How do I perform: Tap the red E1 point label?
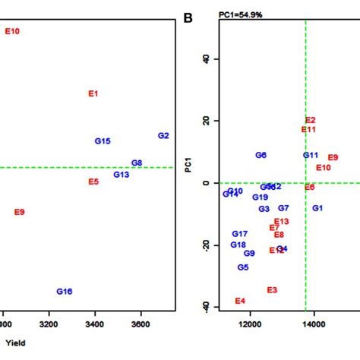pos(93,94)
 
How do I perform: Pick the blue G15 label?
pos(103,141)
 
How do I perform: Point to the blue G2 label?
pos(163,136)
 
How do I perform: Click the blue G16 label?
pos(65,292)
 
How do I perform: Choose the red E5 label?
pos(93,182)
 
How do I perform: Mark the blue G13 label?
pos(122,175)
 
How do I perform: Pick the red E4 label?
pos(240,302)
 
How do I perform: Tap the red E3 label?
pos(272,290)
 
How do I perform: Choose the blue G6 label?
pos(261,155)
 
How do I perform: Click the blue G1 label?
pos(317,208)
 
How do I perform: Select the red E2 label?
pos(310,120)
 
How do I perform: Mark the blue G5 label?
pos(243,267)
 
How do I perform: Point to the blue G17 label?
pos(240,234)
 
